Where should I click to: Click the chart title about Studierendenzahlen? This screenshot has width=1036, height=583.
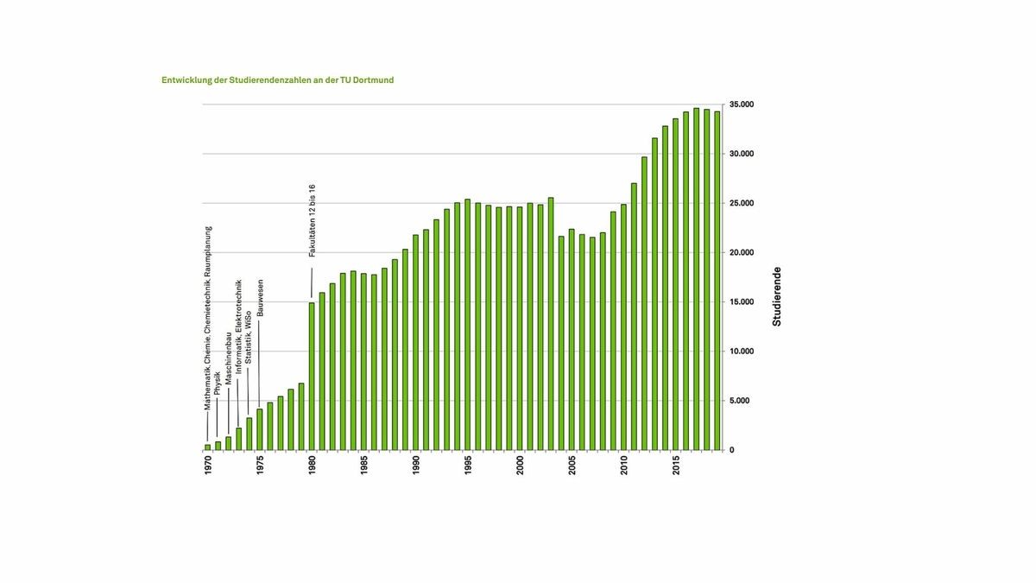[277, 80]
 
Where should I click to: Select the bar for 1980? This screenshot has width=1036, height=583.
[312, 377]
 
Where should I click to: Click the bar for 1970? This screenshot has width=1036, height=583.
[207, 447]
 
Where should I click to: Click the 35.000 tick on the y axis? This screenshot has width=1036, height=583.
[742, 105]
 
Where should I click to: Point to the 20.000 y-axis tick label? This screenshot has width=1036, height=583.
[742, 253]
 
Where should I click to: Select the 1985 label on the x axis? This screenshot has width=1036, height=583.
[364, 467]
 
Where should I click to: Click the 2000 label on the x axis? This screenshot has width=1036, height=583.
[520, 467]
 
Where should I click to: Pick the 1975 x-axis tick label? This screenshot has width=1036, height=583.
[260, 467]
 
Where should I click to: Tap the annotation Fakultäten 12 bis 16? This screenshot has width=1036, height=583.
[313, 220]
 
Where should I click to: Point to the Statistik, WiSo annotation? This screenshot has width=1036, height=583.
[249, 364]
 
